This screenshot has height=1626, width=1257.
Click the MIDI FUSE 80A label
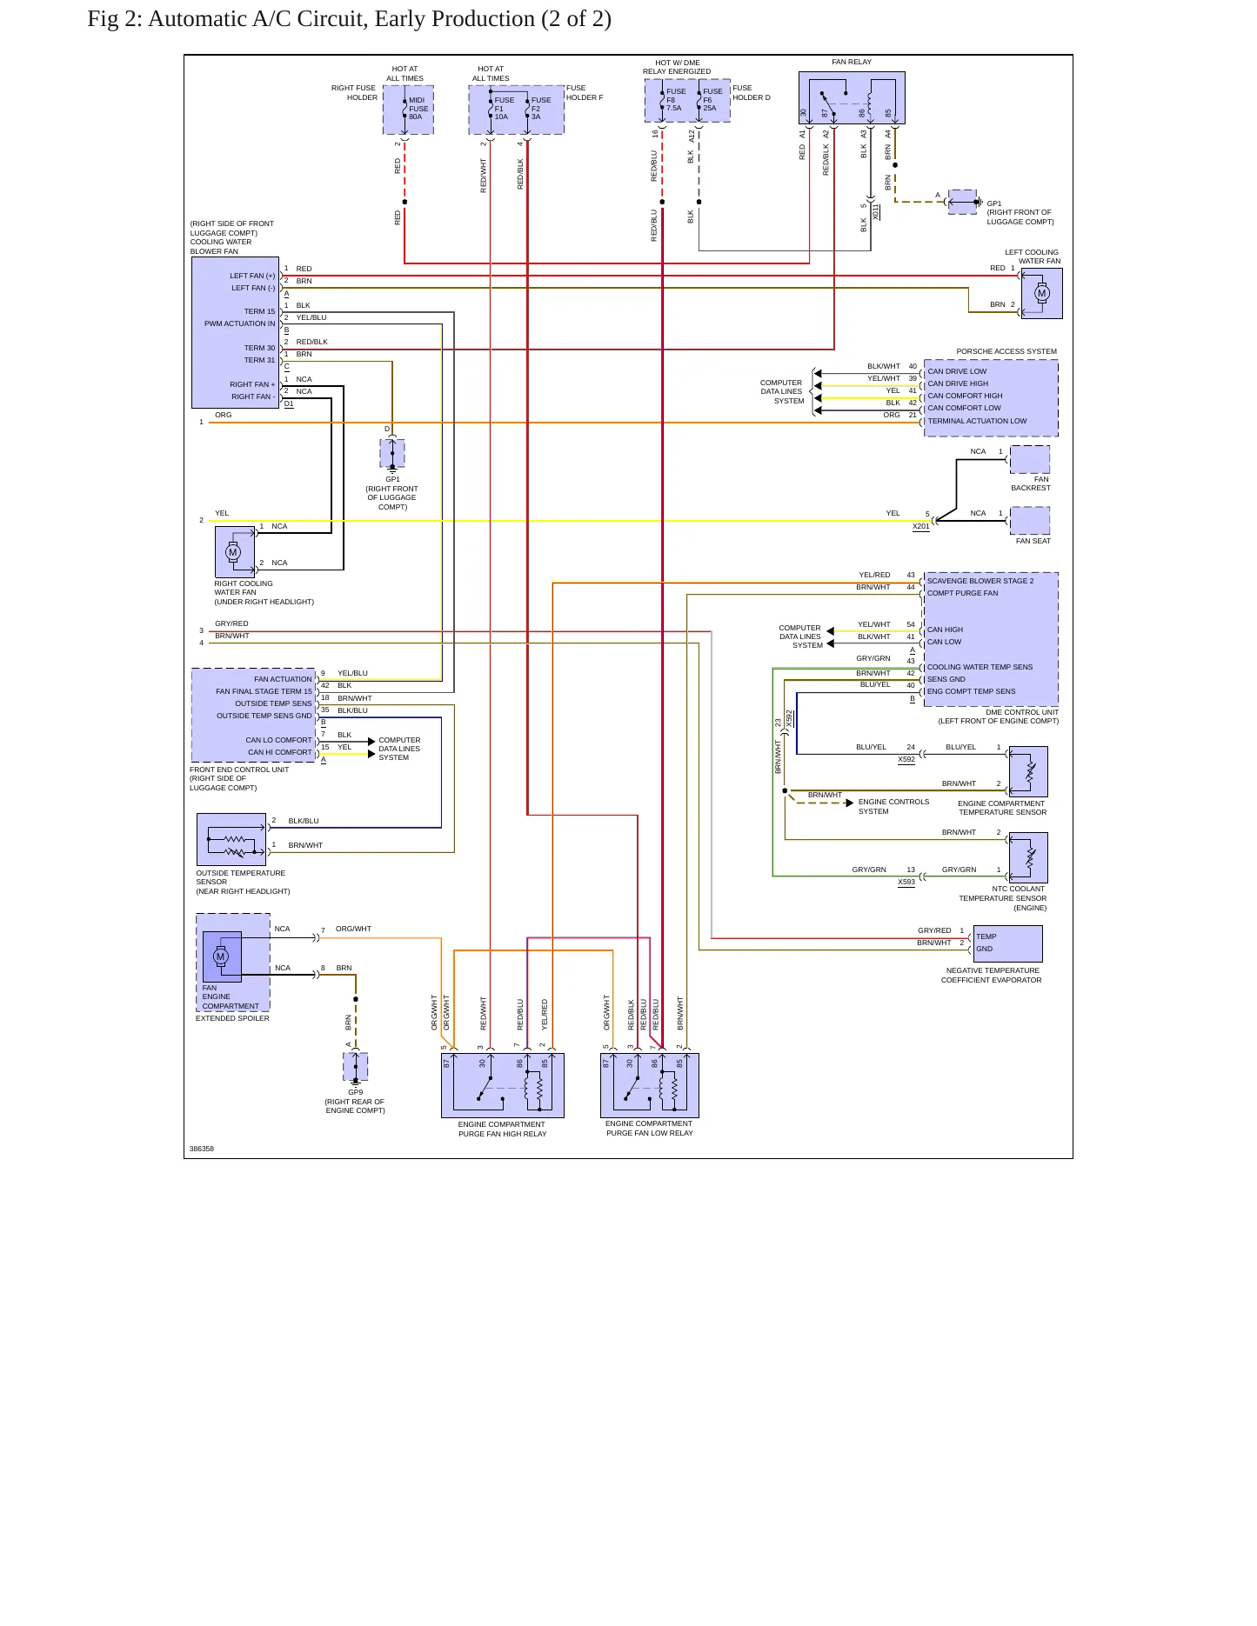pos(418,109)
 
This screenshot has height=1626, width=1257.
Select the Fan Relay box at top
pos(852,97)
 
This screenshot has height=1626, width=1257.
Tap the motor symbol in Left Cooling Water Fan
pos(1041,293)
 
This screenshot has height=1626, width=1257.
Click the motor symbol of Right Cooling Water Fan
pos(232,551)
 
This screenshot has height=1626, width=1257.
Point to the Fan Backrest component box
pos(1030,459)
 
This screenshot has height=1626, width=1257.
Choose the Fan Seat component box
pos(1030,521)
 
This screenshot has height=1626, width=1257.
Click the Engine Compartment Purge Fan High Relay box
pos(503,1085)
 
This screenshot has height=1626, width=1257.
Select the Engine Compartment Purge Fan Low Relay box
pos(650,1085)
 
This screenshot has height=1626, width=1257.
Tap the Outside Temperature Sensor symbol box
pos(231,839)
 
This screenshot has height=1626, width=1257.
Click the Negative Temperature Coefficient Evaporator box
pos(1007,943)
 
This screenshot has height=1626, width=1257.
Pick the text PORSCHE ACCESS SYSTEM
pos(1006,351)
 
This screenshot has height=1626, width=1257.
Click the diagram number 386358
pos(202,1149)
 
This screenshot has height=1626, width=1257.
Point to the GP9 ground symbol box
pos(356,1067)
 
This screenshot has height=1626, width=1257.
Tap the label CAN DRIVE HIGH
pos(958,383)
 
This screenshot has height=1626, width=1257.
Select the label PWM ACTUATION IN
pos(240,323)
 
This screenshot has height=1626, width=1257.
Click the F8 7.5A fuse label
pos(675,100)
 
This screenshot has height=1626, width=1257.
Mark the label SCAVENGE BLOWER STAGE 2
pos(980,581)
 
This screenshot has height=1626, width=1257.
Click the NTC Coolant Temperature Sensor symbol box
pos(1028,857)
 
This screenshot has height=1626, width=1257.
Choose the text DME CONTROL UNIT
pos(1022,712)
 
